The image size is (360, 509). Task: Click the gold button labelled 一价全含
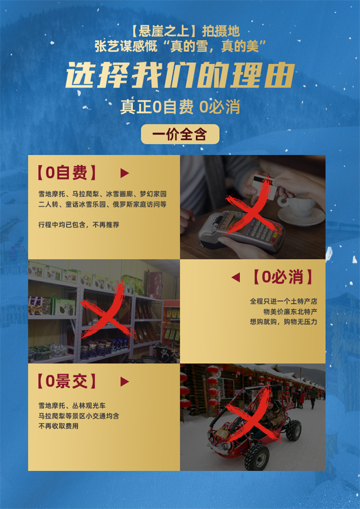pos(180,134)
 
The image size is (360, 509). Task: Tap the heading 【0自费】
pos(67,173)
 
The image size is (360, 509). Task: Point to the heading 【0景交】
pos(67,382)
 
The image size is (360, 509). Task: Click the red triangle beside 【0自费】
pos(125,173)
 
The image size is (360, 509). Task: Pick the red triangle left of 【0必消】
pos(236,278)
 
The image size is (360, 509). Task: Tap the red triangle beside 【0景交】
pos(125,382)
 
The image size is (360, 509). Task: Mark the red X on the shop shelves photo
pos(107,312)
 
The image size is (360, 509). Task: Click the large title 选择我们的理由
pos(180,75)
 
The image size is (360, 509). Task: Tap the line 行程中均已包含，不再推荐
pos(79,224)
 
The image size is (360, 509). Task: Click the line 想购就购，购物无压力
pos(284,322)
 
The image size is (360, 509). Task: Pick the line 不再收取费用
pos(58,426)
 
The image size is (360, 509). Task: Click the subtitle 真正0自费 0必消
pos(180,107)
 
